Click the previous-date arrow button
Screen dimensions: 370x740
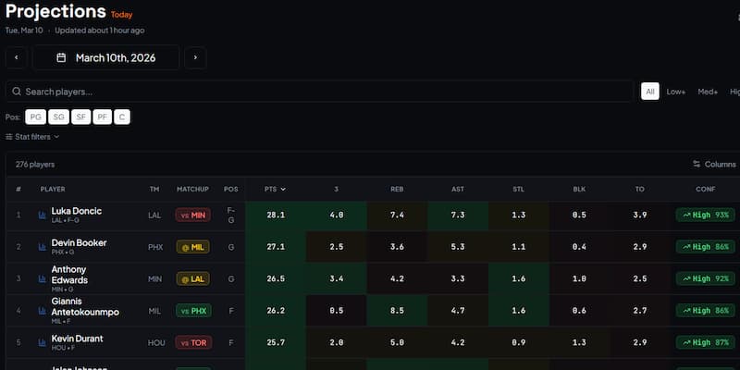pos(16,57)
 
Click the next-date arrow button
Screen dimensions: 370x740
pos(194,57)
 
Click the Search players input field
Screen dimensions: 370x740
pos(320,92)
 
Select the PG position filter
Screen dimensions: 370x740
pos(35,117)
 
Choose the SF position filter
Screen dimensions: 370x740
pos(80,117)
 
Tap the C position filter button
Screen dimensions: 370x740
pos(123,117)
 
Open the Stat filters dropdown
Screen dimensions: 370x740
pos(32,137)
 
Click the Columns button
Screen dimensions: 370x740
pos(714,164)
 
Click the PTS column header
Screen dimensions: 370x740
pos(275,189)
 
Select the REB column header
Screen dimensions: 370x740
pos(397,189)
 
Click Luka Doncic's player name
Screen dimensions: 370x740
pos(77,211)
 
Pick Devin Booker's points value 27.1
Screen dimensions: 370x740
pos(275,247)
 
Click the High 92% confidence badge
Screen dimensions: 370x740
pos(705,278)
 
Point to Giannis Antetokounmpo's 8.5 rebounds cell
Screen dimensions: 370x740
pos(397,311)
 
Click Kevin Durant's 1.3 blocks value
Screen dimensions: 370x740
pos(579,342)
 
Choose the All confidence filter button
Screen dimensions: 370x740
pos(650,92)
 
